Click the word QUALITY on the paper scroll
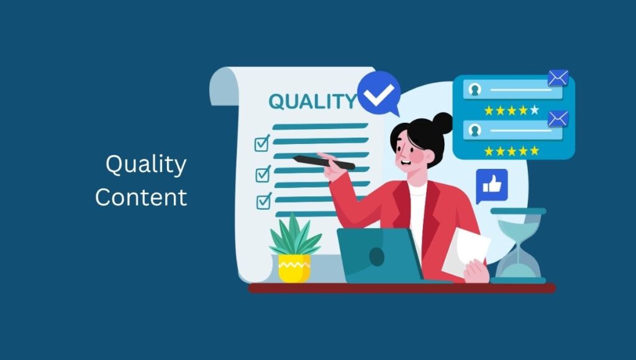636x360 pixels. point(312,101)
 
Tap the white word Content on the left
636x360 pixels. point(141,197)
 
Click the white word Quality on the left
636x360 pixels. point(146,165)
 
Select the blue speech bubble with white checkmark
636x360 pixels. point(379,93)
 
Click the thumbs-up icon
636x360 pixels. point(492,186)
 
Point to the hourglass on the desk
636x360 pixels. point(519,245)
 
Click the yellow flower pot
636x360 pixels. point(294,268)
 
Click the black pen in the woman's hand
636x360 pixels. point(324,162)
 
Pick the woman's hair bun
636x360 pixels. point(442,124)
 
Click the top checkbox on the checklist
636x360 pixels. point(262,143)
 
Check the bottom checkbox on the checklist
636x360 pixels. point(264,200)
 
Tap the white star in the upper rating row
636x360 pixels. point(535,110)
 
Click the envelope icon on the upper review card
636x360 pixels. point(558,78)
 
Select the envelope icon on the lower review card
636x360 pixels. point(558,119)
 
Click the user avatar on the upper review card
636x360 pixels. point(475,89)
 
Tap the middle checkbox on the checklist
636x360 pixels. point(263,174)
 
